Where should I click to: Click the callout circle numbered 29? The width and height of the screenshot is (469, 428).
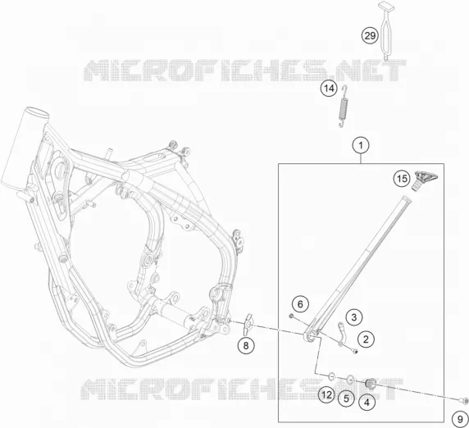370,35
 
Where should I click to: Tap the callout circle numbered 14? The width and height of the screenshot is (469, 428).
329,89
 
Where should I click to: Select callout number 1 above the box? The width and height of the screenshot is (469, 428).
361,146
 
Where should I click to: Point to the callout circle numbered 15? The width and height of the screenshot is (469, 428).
402,179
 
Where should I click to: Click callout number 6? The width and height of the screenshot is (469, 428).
300,304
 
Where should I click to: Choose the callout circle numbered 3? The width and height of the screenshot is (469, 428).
354,317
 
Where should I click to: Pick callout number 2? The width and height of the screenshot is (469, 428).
366,339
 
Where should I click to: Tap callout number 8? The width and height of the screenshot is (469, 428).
246,346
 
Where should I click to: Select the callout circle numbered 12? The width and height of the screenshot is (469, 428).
326,395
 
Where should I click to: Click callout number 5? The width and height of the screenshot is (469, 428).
346,398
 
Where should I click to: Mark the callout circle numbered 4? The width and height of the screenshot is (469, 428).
367,403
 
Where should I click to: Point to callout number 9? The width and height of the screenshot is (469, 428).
460,419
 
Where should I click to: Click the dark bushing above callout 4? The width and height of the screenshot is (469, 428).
371,383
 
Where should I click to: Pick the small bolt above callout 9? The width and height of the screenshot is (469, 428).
463,399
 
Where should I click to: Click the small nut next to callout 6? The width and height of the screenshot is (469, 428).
291,316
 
